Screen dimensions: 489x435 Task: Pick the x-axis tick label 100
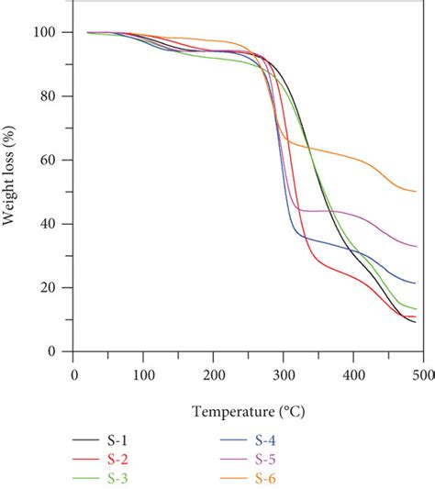pyautogui.click(x=143, y=374)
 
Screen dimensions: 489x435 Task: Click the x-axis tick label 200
pyautogui.click(x=214, y=374)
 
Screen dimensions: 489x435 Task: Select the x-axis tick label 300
pyautogui.click(x=284, y=374)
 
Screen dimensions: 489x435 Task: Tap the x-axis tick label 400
pyautogui.click(x=353, y=374)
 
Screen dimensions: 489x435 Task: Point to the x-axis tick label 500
pyautogui.click(x=423, y=374)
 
